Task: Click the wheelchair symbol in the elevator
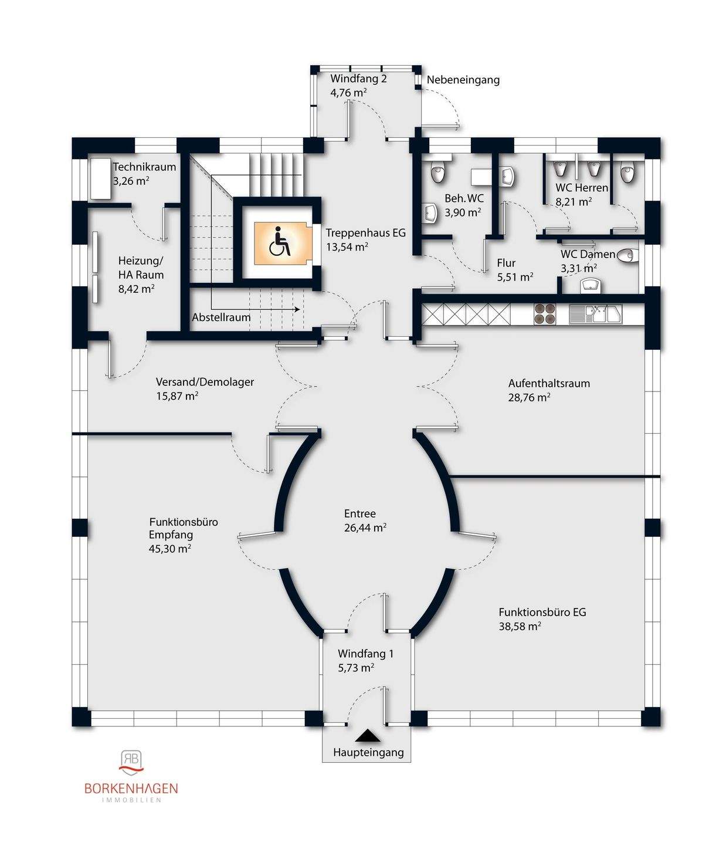click(x=280, y=242)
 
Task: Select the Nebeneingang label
click(x=463, y=80)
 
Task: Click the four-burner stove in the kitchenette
click(x=545, y=314)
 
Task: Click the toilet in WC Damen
click(x=627, y=256)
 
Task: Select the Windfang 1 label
click(x=365, y=654)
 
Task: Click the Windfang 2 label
click(x=359, y=79)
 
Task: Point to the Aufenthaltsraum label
click(x=549, y=383)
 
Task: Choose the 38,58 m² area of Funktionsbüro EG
click(x=520, y=626)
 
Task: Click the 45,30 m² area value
click(x=170, y=548)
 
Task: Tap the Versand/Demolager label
click(x=205, y=382)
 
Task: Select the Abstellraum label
click(x=222, y=317)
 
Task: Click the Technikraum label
click(x=145, y=167)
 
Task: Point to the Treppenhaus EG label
click(x=366, y=233)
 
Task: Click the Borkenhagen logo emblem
click(x=131, y=763)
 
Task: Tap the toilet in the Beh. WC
click(x=437, y=172)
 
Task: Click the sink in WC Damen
click(x=591, y=286)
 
